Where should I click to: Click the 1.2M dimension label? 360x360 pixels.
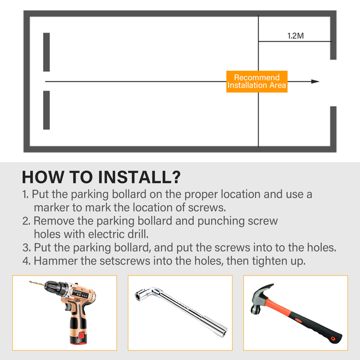click(295, 35)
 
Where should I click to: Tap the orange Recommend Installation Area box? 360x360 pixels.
click(257, 82)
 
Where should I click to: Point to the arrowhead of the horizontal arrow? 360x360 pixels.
click(315, 82)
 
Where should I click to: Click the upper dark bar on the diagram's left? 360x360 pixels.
click(46, 52)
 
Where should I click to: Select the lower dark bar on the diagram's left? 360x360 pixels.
click(46, 110)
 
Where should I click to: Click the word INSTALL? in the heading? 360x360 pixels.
click(139, 177)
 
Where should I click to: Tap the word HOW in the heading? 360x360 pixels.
click(43, 177)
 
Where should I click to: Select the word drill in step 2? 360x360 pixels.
click(138, 234)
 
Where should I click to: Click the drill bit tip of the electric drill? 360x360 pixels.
click(30, 282)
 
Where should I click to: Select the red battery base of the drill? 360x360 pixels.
click(79, 338)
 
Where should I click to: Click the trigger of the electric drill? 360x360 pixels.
click(68, 307)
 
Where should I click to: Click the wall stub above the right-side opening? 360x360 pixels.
click(333, 37)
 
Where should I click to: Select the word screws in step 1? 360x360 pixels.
click(206, 208)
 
